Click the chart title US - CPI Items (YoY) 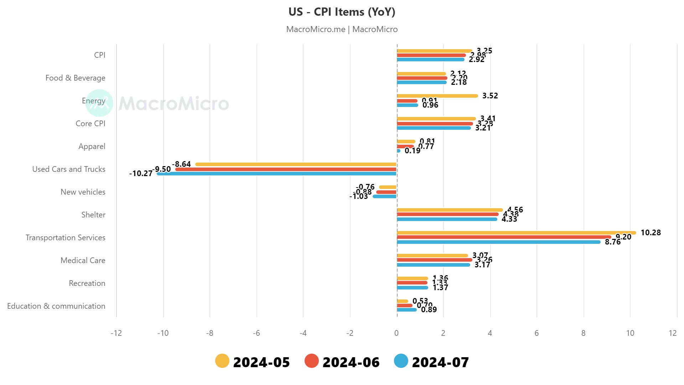(342, 12)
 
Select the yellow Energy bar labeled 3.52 (437, 96)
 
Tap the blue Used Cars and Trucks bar (276, 174)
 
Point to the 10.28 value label (651, 233)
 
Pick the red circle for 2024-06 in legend (311, 361)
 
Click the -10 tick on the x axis (163, 333)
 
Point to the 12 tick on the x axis (673, 333)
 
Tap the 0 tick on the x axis (397, 333)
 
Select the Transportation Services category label (66, 238)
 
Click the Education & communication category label (56, 306)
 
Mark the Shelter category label (93, 215)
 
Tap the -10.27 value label (141, 174)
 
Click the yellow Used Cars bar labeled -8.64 (296, 164)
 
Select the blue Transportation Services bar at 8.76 (499, 242)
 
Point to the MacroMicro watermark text (173, 103)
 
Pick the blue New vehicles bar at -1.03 (385, 196)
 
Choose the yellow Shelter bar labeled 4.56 (450, 210)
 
